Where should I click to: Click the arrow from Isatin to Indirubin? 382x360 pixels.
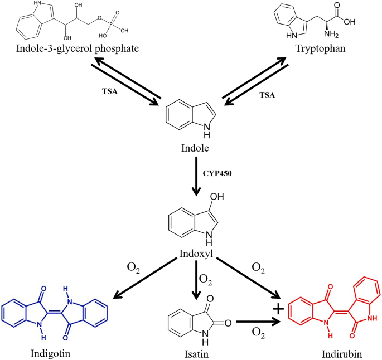point(257,322)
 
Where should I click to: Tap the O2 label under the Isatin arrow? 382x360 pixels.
point(258,333)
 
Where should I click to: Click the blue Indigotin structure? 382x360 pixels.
point(54,309)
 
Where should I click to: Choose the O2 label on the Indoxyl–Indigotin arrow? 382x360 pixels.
point(134,271)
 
